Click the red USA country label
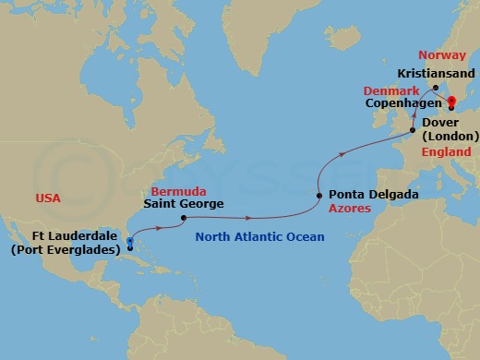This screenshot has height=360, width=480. click(48, 198)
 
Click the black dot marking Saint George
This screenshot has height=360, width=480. click(184, 219)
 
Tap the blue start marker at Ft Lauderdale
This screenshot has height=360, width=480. click(129, 242)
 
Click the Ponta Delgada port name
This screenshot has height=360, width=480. click(373, 196)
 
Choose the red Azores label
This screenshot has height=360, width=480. click(349, 210)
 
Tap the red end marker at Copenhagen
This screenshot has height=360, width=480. click(451, 106)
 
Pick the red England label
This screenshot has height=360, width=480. click(446, 152)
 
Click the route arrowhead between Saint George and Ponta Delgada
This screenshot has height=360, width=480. click(251, 219)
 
